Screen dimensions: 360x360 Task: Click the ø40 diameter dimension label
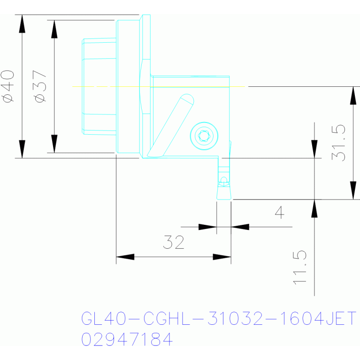pyautogui.click(x=8, y=86)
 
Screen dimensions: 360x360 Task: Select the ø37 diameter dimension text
pyautogui.click(x=39, y=86)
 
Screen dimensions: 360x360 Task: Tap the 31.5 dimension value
pyautogui.click(x=338, y=143)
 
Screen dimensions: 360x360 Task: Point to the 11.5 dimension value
pyautogui.click(x=299, y=268)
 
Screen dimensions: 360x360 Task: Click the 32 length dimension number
pyautogui.click(x=174, y=242)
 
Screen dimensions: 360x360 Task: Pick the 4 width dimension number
pyautogui.click(x=280, y=212)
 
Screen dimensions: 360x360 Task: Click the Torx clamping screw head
pyautogui.click(x=204, y=136)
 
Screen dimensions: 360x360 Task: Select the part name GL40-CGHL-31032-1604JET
pyautogui.click(x=219, y=318)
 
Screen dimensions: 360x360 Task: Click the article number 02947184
pyautogui.click(x=127, y=339)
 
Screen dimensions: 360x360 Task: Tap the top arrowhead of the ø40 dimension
pyautogui.click(x=22, y=23)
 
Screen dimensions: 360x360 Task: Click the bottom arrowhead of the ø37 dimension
pyautogui.click(x=54, y=144)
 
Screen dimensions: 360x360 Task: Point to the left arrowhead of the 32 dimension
pyautogui.click(x=125, y=257)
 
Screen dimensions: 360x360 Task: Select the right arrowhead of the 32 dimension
pyautogui.click(x=222, y=257)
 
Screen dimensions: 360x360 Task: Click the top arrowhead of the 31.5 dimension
pyautogui.click(x=353, y=95)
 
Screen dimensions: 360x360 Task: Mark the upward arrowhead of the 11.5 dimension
pyautogui.click(x=314, y=208)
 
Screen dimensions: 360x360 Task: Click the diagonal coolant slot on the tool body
pyautogui.click(x=170, y=126)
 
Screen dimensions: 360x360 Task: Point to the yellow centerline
pyautogui.click(x=159, y=86)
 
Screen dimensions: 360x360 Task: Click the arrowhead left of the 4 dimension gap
pyautogui.click(x=207, y=227)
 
